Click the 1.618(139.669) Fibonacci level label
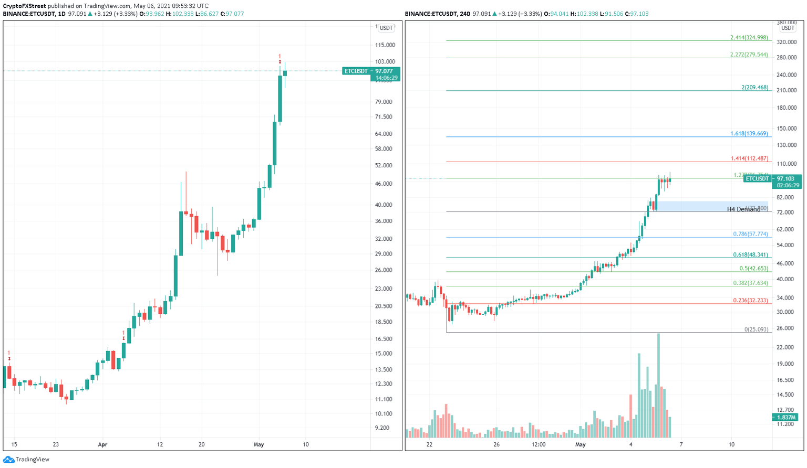point(749,134)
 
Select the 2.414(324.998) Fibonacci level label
point(749,38)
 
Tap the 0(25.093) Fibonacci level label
point(756,329)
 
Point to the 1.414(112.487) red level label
point(749,158)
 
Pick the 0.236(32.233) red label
point(750,301)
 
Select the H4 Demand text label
point(743,209)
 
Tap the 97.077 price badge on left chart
point(371,71)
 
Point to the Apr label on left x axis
point(102,444)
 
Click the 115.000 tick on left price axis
point(385,45)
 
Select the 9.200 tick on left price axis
point(382,428)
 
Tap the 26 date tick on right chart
point(496,444)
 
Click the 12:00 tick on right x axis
point(539,444)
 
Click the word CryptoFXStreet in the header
point(24,6)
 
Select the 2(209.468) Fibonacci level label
point(754,88)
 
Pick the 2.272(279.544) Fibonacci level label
point(749,55)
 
